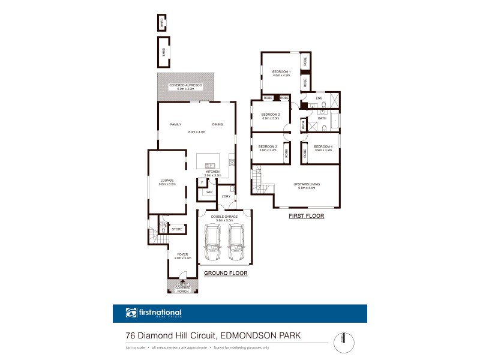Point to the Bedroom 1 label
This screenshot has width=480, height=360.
tap(281, 73)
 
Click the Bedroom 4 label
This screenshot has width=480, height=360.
tap(323, 148)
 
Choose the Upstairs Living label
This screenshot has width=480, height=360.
tap(307, 185)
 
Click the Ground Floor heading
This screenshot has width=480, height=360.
tap(226, 273)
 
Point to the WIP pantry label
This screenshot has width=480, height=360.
tap(208, 193)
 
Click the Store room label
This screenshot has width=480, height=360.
tap(177, 229)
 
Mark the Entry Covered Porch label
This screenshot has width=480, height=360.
tap(182, 289)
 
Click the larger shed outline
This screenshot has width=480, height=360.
tap(163, 52)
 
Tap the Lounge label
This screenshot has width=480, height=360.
tap(166, 182)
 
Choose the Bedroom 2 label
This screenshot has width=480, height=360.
tap(271, 116)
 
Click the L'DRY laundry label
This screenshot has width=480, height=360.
tap(226, 197)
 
